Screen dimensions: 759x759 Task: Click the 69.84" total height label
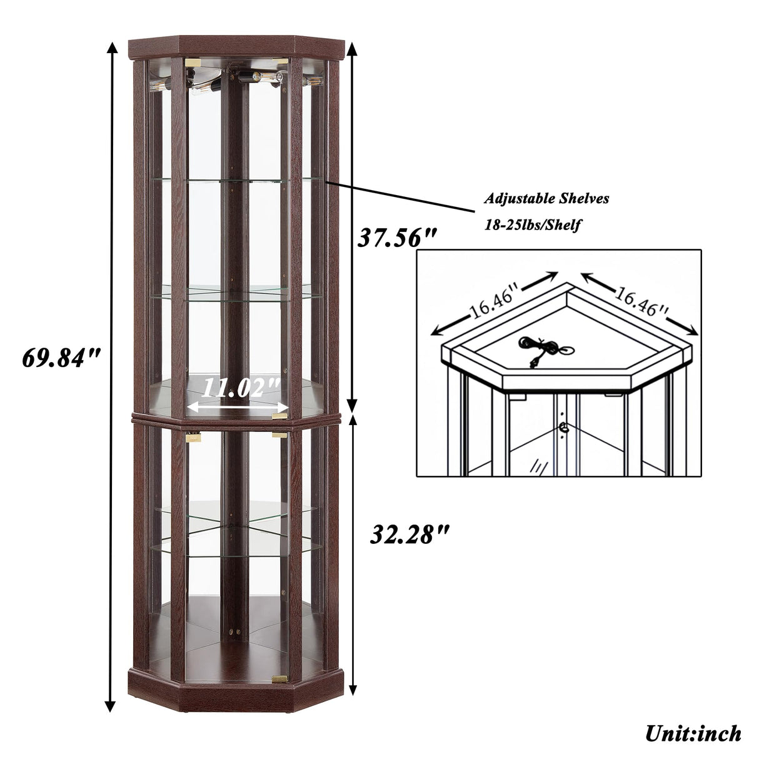[61, 358]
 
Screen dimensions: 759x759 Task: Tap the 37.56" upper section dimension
[396, 238]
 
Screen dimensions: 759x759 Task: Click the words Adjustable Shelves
[546, 199]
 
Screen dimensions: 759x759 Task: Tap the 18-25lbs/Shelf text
[532, 225]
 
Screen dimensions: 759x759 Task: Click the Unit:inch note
[693, 733]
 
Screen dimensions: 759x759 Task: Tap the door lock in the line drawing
[565, 428]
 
